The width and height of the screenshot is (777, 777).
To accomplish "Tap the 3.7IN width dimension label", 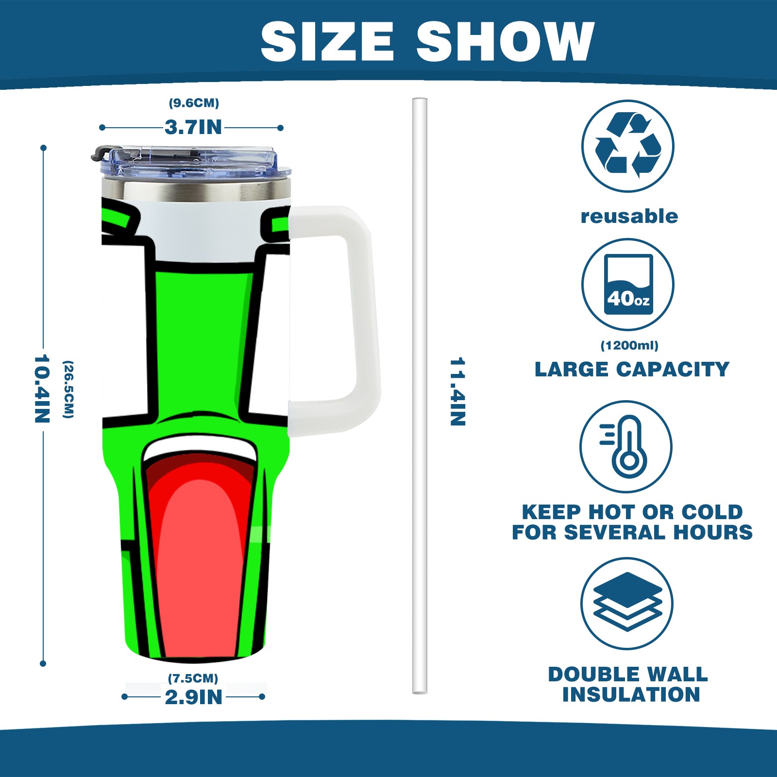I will [x=193, y=127].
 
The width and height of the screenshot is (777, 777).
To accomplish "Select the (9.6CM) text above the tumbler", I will [x=194, y=103].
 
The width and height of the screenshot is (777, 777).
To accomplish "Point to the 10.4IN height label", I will [x=42, y=388].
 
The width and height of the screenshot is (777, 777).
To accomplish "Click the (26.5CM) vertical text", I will [x=68, y=389].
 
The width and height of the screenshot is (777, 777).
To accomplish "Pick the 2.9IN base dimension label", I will [x=193, y=697].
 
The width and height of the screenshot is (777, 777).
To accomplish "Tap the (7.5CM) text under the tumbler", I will [x=193, y=678].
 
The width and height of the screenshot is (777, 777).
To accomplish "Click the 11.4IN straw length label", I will [x=457, y=391].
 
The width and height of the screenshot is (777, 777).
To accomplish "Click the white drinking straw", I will [x=420, y=396].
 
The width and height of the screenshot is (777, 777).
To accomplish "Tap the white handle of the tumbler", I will [x=362, y=316].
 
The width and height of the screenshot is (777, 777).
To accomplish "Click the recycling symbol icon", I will [x=627, y=146].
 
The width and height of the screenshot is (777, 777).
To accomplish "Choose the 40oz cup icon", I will [x=628, y=285].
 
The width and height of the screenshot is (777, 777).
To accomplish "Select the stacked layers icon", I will [x=627, y=603].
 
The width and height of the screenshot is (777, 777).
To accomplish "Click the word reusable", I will [x=629, y=216].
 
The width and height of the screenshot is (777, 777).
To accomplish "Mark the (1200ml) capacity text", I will [x=629, y=345].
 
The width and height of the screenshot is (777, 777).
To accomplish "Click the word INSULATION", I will [x=631, y=694].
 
